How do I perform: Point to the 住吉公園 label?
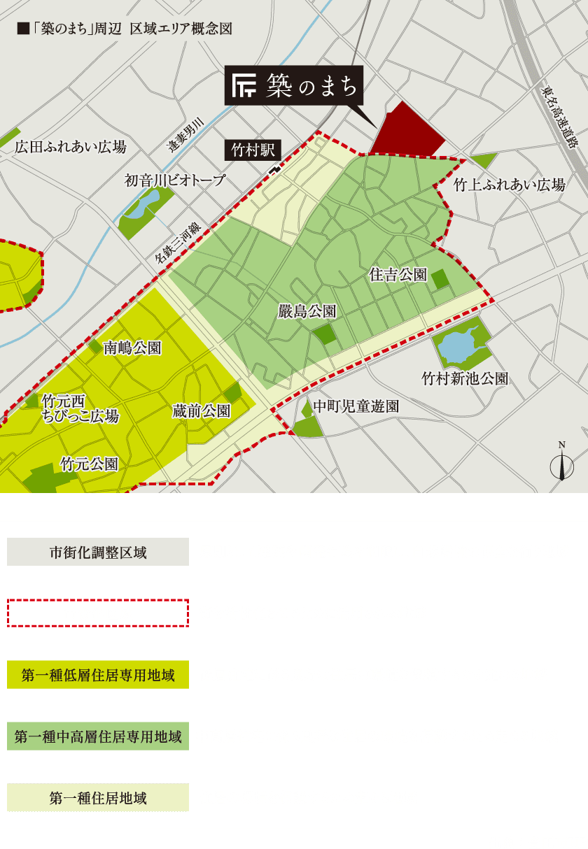point(398,275)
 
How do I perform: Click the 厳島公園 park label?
point(307,311)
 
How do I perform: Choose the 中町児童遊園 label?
point(356,406)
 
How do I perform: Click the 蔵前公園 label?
point(201,411)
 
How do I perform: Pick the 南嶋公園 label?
point(132,348)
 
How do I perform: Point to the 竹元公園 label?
point(89,464)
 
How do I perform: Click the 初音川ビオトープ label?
point(175,180)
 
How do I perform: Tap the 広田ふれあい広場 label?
point(71,147)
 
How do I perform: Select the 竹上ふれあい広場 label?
point(509,185)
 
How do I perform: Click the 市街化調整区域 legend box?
point(98,552)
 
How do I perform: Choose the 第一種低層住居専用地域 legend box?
point(98,675)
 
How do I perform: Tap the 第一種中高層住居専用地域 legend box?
point(98,736)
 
